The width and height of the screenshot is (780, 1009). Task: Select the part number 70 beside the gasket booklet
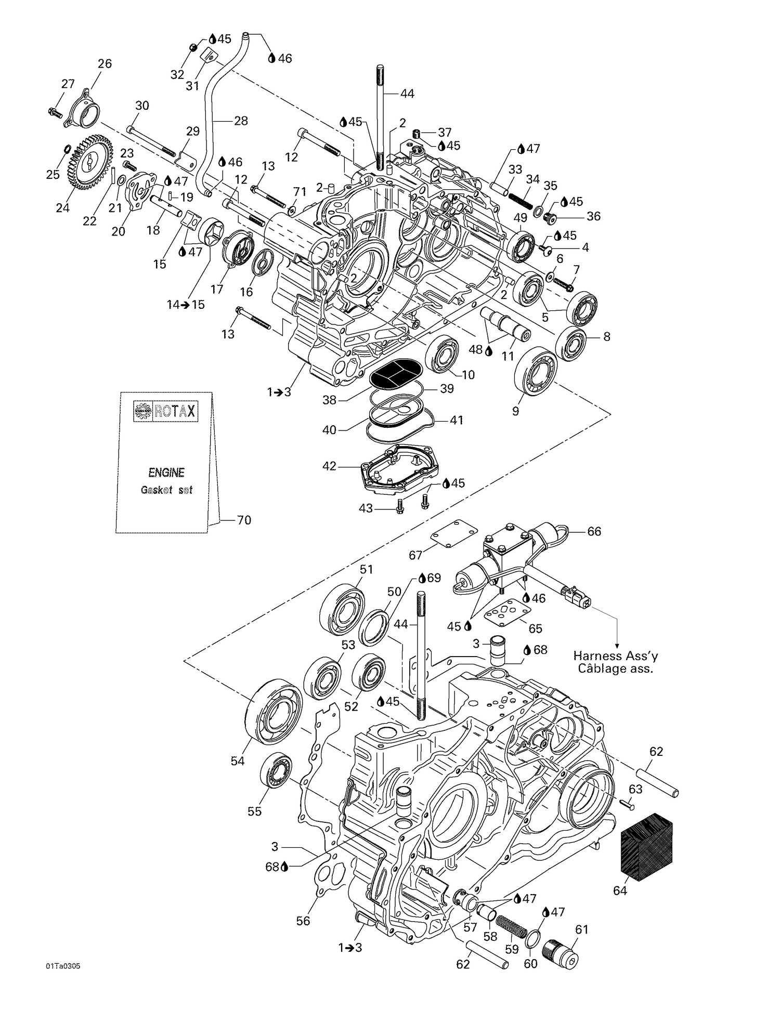[244, 520]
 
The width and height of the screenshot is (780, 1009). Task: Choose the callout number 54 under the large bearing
[238, 761]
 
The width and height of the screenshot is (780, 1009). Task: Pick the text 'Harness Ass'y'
[615, 657]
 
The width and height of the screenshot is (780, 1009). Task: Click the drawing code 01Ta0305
[63, 966]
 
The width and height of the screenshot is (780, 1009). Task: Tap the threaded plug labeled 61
[564, 954]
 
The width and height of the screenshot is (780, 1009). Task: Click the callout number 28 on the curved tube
[241, 121]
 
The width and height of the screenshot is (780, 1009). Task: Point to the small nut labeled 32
[191, 48]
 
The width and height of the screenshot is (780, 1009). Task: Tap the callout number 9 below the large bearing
[515, 411]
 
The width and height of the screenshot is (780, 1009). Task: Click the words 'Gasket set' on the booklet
[166, 490]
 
